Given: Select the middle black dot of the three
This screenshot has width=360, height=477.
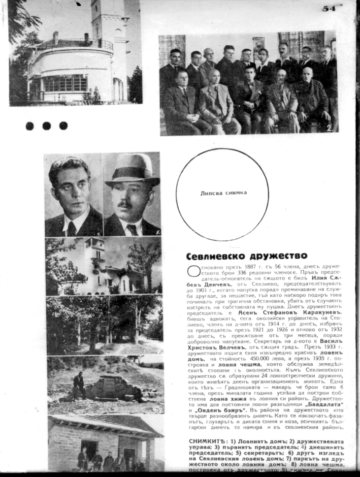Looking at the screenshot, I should click(47, 125).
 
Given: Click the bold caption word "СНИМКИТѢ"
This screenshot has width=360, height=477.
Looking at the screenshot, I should click(206, 442).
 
